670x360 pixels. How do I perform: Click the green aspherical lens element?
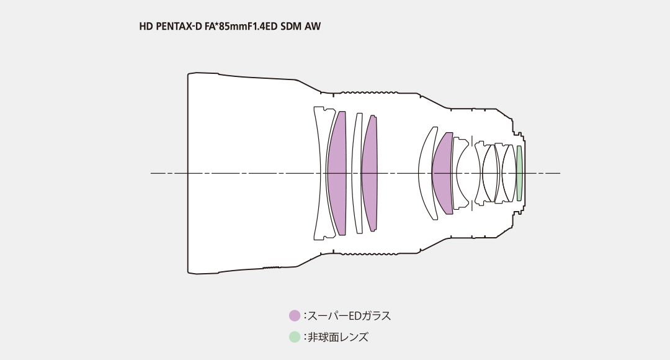coord(519,173)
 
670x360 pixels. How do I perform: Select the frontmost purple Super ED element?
coord(337,173)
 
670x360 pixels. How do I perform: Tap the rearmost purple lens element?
coord(444,173)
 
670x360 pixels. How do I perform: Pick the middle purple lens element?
coord(370,173)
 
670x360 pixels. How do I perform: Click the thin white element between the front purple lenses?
coord(358,173)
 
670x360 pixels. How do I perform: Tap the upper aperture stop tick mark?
coord(471,140)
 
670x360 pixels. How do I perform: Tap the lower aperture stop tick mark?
coord(471,207)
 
